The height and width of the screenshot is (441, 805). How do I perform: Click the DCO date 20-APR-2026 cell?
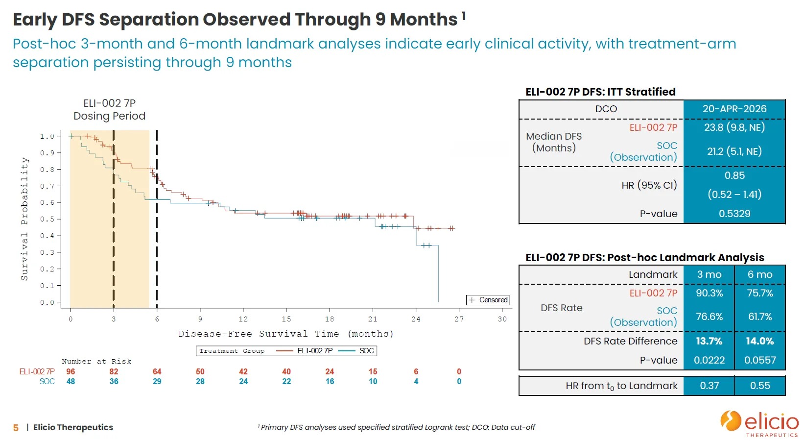pyautogui.click(x=734, y=109)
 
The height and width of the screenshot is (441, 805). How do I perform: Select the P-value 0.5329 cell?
pyautogui.click(x=734, y=214)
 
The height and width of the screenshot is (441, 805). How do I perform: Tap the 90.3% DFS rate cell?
pyautogui.click(x=709, y=293)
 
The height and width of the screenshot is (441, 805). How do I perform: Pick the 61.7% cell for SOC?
pyautogui.click(x=760, y=317)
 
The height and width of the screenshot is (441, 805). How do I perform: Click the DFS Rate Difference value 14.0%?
pyautogui.click(x=760, y=341)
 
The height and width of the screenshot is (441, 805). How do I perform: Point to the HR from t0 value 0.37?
pyautogui.click(x=709, y=386)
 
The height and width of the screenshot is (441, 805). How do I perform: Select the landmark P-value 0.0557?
pyautogui.click(x=760, y=360)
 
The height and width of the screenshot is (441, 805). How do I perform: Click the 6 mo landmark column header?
pyautogui.click(x=760, y=274)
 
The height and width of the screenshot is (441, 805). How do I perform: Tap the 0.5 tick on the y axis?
pyautogui.click(x=47, y=219)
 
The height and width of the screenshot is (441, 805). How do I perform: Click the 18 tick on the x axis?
pyautogui.click(x=330, y=319)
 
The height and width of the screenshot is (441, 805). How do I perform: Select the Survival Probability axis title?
pyautogui.click(x=24, y=219)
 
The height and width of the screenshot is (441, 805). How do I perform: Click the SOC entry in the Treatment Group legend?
pyautogui.click(x=357, y=351)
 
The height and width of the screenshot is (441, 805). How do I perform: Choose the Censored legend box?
pyautogui.click(x=488, y=300)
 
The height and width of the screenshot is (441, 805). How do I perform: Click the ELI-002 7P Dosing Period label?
pyautogui.click(x=110, y=110)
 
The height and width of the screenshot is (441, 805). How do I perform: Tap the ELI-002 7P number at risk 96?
pyautogui.click(x=71, y=371)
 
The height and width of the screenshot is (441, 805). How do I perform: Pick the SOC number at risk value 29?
pyautogui.click(x=157, y=381)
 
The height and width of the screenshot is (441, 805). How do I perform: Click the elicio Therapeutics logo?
pyautogui.click(x=759, y=423)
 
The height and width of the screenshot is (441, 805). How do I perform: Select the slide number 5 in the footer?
pyautogui.click(x=16, y=428)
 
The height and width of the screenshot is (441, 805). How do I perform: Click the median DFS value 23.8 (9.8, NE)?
pyautogui.click(x=734, y=127)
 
